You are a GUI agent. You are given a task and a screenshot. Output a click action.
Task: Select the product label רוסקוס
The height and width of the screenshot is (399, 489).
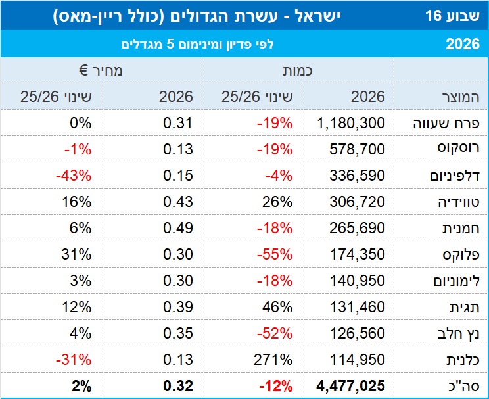457,149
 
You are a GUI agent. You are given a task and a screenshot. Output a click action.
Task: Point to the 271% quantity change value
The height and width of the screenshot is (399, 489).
275,360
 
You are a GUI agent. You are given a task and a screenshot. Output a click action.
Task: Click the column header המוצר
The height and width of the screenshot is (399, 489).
457,97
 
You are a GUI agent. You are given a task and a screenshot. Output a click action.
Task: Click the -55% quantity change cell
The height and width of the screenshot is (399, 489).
275,254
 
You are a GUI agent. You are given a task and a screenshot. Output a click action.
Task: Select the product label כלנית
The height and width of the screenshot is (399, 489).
461,360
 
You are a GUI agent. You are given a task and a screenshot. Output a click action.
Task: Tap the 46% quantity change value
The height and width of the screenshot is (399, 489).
279,307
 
